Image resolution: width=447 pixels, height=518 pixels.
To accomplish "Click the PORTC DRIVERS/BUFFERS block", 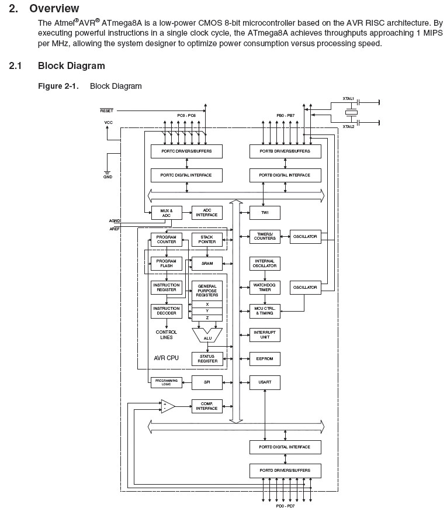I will point(186,151).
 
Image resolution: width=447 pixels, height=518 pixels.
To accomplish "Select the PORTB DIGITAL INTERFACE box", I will point(285,175).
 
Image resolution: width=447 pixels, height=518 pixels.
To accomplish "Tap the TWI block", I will point(265,212).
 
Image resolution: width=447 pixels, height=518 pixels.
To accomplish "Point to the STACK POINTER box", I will point(207,239).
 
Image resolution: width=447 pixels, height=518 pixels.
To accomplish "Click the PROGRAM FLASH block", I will point(166,263).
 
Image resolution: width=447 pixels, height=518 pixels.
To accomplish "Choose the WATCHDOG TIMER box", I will point(265,287).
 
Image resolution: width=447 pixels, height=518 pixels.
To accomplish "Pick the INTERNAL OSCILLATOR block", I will point(265,263).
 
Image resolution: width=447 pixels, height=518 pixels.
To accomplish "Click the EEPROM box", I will point(265,358).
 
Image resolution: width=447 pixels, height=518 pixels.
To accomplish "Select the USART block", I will point(265,382).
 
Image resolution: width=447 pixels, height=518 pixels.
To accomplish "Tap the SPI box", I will point(207,382).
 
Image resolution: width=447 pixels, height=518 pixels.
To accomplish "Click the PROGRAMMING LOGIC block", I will point(166,382).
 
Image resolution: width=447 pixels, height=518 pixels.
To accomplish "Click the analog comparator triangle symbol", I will point(168,406).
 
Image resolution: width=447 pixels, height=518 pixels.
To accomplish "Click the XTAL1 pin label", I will point(348,99).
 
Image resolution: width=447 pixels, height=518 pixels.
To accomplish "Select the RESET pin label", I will point(106,110).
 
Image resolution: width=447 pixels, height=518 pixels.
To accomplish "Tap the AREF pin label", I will point(115,229).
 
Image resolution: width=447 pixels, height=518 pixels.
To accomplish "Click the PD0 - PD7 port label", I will point(286,507).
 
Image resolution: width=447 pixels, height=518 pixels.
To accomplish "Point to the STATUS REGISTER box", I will point(207,358).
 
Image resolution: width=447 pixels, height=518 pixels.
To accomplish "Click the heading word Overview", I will point(54,9).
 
